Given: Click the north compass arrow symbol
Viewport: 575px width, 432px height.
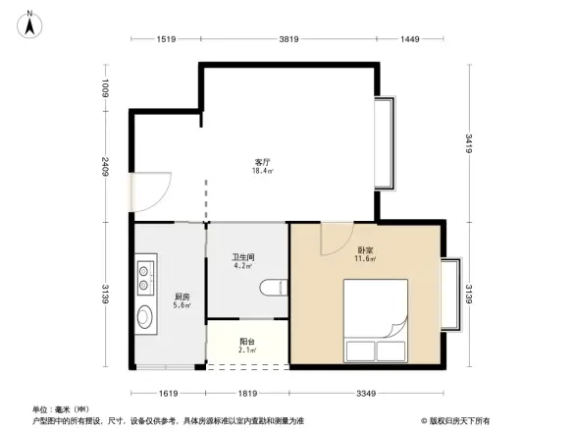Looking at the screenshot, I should [x=29, y=25].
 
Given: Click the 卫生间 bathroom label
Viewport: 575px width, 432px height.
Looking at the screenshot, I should [x=243, y=258].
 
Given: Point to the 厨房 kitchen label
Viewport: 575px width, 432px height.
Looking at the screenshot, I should [x=182, y=299].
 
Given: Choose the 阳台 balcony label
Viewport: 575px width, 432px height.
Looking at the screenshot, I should [x=247, y=345].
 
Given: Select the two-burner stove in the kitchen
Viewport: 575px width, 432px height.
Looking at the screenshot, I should [x=148, y=276].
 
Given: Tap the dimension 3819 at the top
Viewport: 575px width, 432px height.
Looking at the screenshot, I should [x=286, y=38].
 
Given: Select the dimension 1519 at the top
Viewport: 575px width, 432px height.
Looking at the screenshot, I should [x=166, y=38].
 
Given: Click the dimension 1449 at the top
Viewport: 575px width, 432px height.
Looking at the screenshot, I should [x=409, y=38].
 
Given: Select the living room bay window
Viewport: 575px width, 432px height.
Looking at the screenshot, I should [x=385, y=143].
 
